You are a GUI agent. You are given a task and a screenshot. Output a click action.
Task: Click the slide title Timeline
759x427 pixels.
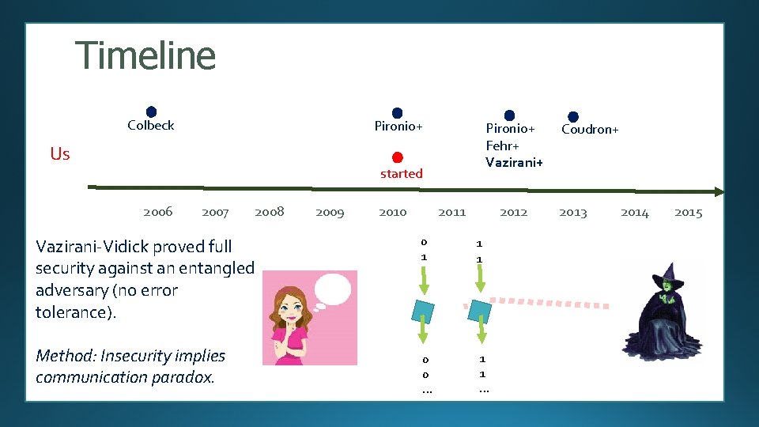[145, 56]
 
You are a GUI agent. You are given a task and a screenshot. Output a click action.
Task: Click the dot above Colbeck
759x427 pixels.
[151, 112]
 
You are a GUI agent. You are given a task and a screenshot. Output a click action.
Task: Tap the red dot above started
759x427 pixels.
[398, 157]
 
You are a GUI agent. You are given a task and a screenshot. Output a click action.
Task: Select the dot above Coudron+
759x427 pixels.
[573, 117]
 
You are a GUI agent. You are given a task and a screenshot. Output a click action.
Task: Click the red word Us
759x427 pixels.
[60, 153]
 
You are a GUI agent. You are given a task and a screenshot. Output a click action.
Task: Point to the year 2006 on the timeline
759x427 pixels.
[158, 211]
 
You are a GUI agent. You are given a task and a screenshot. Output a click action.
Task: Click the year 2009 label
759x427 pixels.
[330, 212]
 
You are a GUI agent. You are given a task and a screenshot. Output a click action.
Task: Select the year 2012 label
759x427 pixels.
[513, 212]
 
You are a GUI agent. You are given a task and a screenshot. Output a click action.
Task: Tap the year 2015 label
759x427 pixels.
[688, 212]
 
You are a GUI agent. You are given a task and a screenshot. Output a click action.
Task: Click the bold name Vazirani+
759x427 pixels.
[514, 162]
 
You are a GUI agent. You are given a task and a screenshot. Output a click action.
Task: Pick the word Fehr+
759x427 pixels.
[502, 145]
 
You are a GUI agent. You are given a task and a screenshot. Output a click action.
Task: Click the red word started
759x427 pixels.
[402, 173]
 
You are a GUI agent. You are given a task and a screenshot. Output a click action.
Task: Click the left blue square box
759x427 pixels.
[424, 311]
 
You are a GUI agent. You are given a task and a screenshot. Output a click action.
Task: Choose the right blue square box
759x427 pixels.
[479, 311]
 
